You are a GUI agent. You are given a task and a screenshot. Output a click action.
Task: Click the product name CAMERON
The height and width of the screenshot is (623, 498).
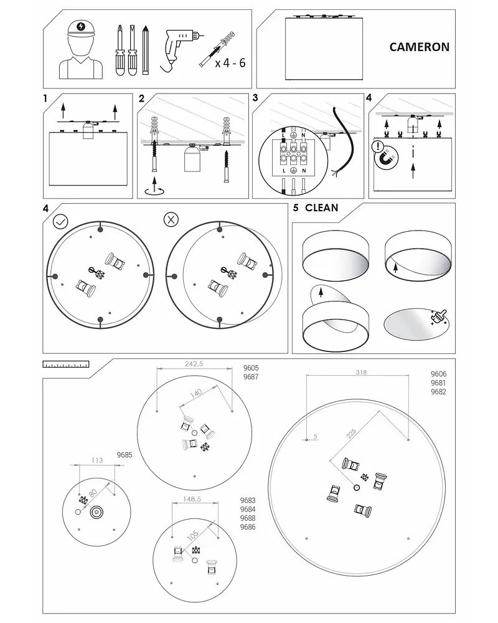click(419, 47)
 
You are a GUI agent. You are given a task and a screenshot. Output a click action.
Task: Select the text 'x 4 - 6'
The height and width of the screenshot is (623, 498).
click(230, 63)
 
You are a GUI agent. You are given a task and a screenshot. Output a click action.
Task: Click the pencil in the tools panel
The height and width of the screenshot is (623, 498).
click(145, 50)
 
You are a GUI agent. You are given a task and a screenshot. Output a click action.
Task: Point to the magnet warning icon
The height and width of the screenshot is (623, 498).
click(386, 156)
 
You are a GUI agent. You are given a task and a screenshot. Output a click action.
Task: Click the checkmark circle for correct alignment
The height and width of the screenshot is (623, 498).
click(60, 221)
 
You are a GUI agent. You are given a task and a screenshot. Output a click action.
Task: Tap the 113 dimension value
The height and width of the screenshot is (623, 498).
click(96, 460)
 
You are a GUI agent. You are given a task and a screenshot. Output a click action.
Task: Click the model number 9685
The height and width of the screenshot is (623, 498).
click(125, 455)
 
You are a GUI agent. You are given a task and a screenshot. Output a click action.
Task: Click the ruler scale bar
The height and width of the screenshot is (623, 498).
click(65, 363)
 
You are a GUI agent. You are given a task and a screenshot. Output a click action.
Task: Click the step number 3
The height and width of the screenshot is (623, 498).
click(255, 98)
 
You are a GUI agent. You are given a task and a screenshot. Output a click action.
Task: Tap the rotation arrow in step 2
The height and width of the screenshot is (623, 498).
click(152, 189)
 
